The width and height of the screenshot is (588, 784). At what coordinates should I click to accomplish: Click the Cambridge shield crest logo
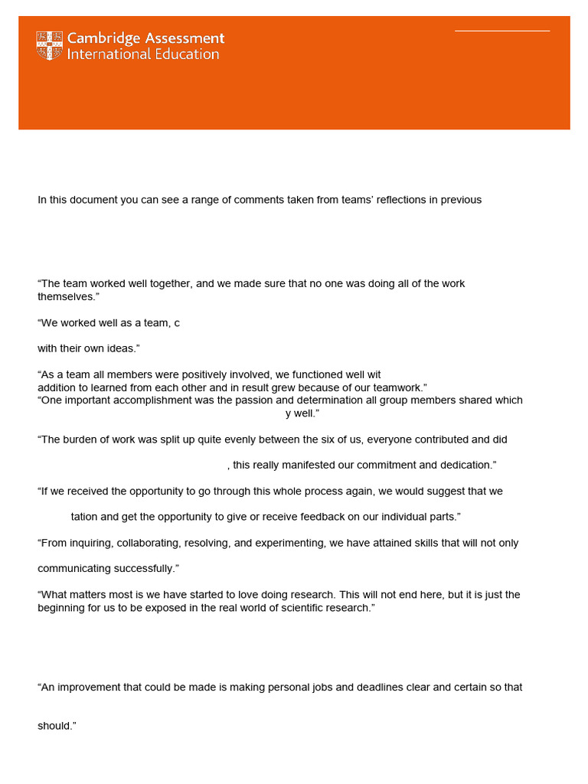(x=50, y=46)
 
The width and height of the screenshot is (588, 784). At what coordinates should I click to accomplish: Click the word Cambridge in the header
(x=103, y=38)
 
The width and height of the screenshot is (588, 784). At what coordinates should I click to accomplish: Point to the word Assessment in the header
(x=184, y=38)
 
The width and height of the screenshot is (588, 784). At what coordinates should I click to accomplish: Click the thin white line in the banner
(x=502, y=31)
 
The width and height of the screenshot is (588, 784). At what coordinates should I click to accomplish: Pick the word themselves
(x=64, y=296)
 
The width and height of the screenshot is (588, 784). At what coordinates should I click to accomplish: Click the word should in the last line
(x=54, y=726)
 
